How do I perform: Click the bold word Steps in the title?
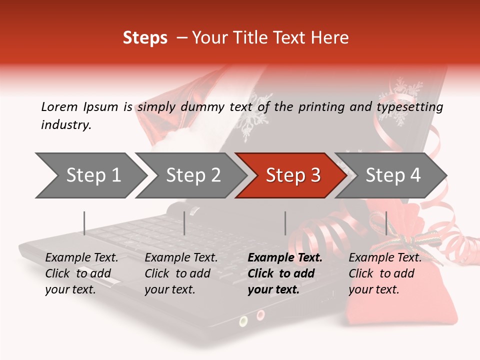point(145,38)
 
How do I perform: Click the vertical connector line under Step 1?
point(84,223)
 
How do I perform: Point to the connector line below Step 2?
point(184,223)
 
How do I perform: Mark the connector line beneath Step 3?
point(285,223)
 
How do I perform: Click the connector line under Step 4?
point(386,223)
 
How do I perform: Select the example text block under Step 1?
point(81,273)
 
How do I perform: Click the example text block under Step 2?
point(181,273)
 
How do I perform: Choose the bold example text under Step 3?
point(285,273)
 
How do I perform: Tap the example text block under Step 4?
point(385,273)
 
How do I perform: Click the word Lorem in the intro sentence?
point(59,106)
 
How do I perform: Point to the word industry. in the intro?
point(66,125)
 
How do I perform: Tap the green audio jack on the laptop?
point(243,320)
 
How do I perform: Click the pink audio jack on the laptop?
point(260,315)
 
